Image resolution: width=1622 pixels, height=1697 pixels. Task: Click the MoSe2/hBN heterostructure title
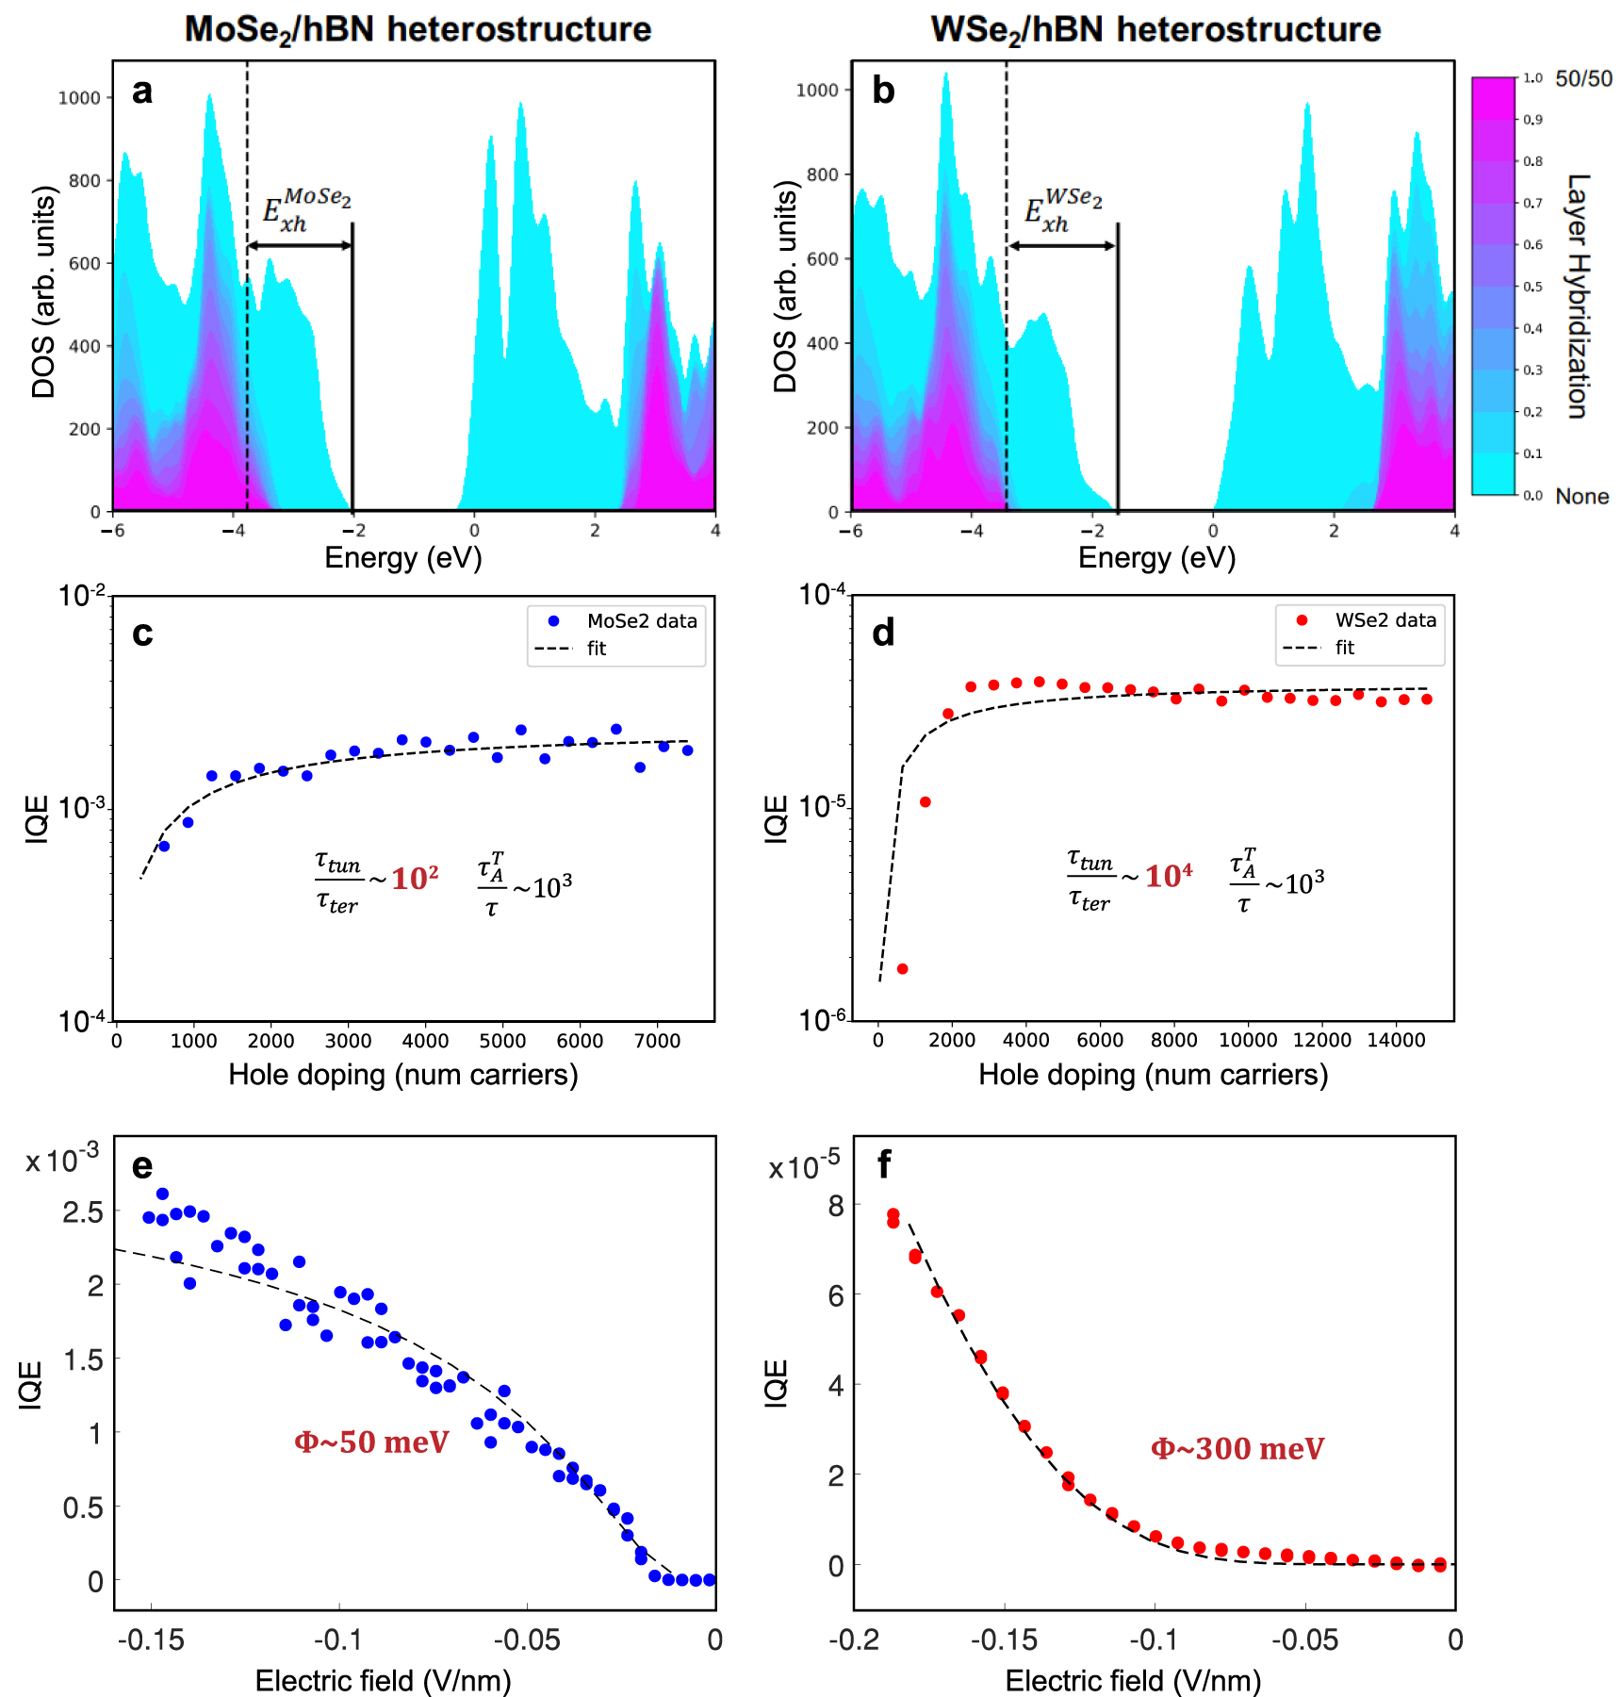coord(418,29)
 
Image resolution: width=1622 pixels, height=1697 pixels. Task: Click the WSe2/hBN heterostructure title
coord(1155,29)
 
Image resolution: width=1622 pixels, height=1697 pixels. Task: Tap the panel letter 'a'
coord(142,91)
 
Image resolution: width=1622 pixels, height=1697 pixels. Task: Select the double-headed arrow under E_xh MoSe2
coord(300,246)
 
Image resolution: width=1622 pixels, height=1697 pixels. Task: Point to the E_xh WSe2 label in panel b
coord(1062,210)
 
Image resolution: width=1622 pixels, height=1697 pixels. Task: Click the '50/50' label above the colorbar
coord(1583,79)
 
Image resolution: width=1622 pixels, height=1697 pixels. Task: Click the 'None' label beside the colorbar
coord(1581,497)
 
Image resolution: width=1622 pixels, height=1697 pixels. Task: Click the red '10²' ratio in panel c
coord(415,879)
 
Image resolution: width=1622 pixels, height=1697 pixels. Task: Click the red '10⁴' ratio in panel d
coord(1168,876)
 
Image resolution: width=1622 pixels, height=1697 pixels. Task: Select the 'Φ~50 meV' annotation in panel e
coord(371,1442)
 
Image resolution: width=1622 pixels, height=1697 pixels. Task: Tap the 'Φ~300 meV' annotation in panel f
coord(1237,1449)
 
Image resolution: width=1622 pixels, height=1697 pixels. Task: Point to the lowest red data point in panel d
coord(902,969)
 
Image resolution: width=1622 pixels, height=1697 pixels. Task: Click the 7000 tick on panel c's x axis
coord(657,1041)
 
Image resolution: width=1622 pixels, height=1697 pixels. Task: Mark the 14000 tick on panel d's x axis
coord(1395,1040)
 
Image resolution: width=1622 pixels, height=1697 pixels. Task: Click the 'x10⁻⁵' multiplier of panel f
coord(804,1167)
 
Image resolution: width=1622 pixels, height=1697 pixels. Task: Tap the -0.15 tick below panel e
coord(151,1640)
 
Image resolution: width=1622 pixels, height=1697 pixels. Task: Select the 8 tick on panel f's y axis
coord(836,1206)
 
